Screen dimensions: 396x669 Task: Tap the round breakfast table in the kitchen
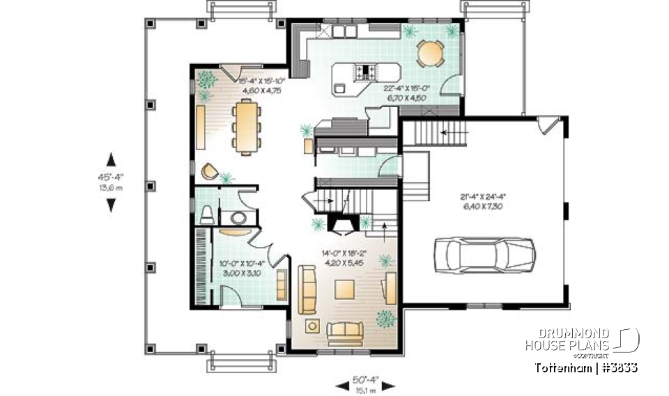point(431,53)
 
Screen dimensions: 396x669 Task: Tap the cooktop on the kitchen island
point(367,70)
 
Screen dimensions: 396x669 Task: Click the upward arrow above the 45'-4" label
point(110,158)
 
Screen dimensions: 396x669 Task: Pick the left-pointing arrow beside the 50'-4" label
point(341,384)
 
